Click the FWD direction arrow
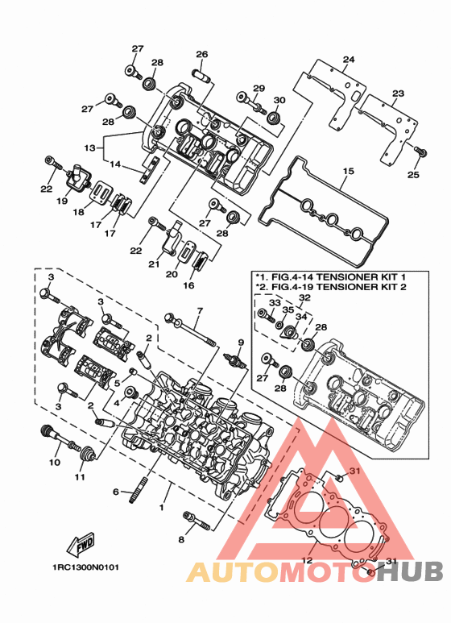tap(81, 543)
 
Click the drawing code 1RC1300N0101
tap(85, 567)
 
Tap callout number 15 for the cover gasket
tap(348, 171)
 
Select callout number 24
tap(349, 60)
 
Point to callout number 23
tap(398, 93)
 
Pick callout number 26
tap(201, 54)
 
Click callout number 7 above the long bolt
tap(200, 310)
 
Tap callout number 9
tap(241, 342)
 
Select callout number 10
tap(55, 462)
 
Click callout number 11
tap(80, 476)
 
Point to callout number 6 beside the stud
tap(115, 492)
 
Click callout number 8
tap(181, 539)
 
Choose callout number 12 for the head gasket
tap(307, 561)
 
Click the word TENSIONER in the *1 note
tap(346, 276)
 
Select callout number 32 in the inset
tap(304, 297)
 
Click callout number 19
tap(62, 201)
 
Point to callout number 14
tap(115, 164)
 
